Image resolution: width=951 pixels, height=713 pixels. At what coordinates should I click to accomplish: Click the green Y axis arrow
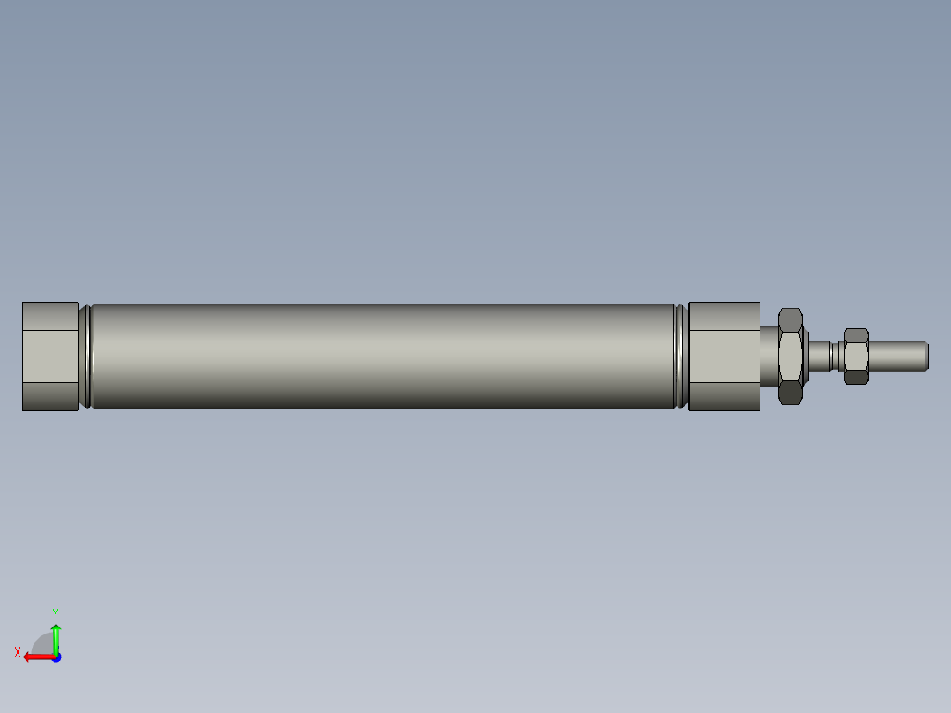[56, 637]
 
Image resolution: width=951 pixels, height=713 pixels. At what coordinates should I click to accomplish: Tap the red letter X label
[17, 652]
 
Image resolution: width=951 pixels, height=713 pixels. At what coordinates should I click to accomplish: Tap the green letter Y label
[55, 612]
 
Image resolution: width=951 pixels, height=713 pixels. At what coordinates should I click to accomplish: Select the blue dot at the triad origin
[56, 657]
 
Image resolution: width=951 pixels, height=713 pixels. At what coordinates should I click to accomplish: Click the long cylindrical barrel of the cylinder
[384, 356]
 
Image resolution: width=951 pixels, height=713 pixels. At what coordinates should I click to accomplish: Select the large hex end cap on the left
[50, 356]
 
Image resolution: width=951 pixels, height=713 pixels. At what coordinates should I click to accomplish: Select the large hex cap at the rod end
[723, 356]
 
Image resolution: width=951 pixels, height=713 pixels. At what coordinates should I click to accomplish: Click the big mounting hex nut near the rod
[790, 355]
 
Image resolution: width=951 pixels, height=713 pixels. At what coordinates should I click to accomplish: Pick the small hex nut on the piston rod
[856, 356]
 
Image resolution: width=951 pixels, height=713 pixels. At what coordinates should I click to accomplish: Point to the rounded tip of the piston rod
[925, 356]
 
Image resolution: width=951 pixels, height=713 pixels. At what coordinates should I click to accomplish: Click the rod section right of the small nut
[895, 356]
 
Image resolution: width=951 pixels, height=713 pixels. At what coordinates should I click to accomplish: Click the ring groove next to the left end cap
[86, 356]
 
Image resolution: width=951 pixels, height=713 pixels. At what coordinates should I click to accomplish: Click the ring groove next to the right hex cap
[680, 356]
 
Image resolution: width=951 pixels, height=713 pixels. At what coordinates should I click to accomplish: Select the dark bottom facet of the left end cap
[50, 396]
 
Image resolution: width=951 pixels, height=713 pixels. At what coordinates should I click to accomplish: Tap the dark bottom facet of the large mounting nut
[790, 394]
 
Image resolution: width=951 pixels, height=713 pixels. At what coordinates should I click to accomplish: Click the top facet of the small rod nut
[856, 335]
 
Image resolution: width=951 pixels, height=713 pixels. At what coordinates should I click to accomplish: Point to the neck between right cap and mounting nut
[769, 355]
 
